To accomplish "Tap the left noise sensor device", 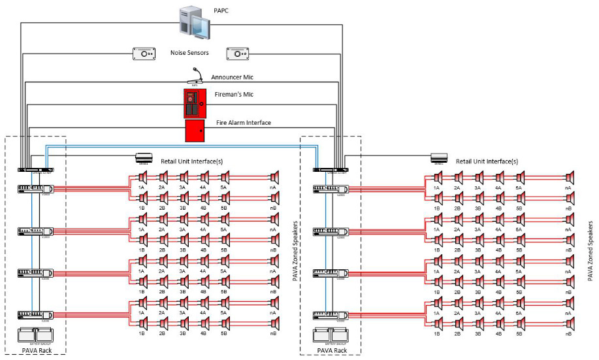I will (x=144, y=53).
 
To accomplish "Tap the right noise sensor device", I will (x=238, y=53).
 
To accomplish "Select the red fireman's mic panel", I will (x=195, y=103).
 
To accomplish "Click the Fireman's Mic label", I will (x=235, y=95).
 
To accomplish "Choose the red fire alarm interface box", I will (x=195, y=130).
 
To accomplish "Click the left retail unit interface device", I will (x=144, y=157).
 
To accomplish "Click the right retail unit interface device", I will (x=439, y=157).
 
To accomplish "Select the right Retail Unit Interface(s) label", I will (x=487, y=161).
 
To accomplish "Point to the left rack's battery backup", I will (x=35, y=334).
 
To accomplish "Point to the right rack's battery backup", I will (x=331, y=334).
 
